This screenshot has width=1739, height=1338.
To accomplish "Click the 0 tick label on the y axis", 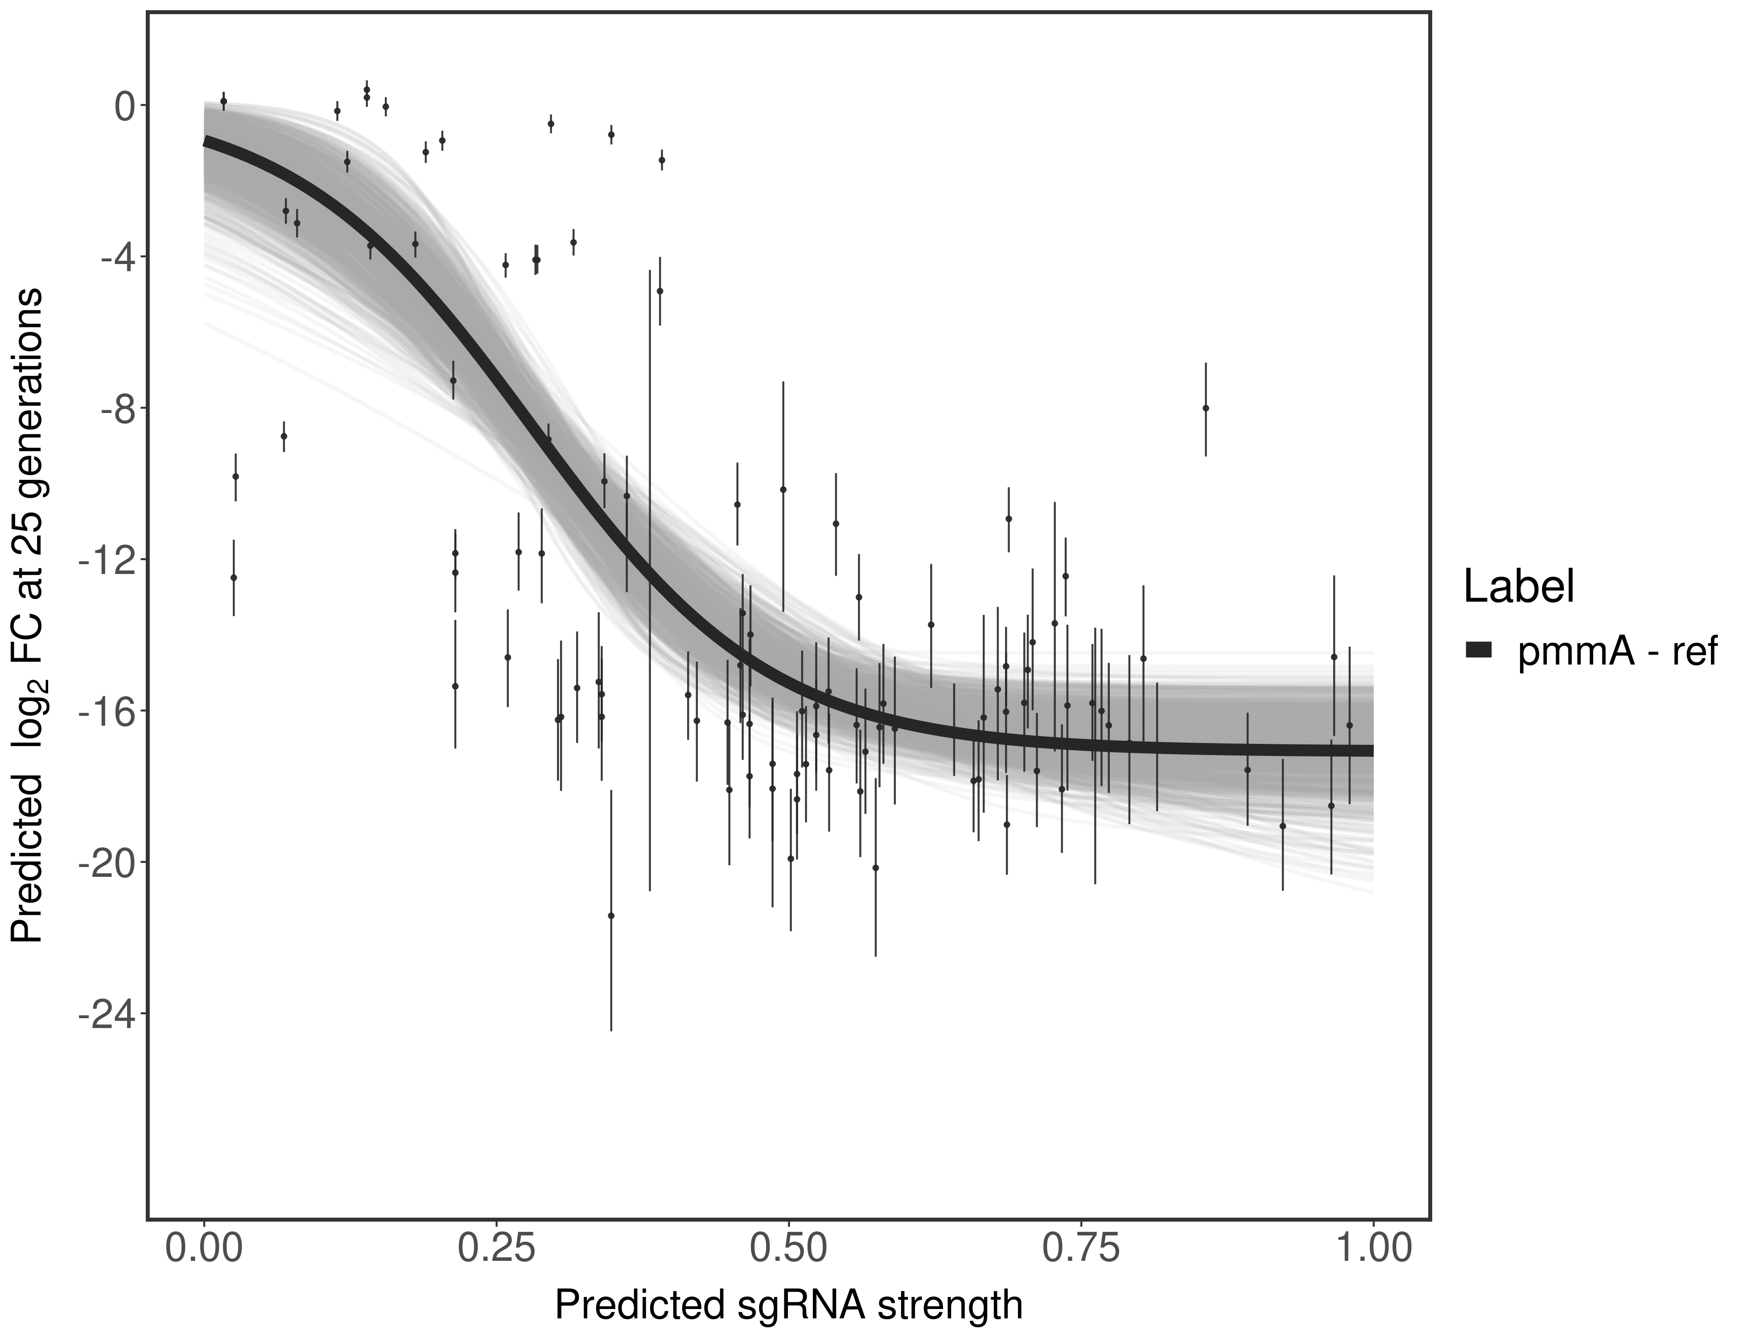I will (125, 106).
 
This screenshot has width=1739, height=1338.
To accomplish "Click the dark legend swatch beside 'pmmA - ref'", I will (1478, 651).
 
